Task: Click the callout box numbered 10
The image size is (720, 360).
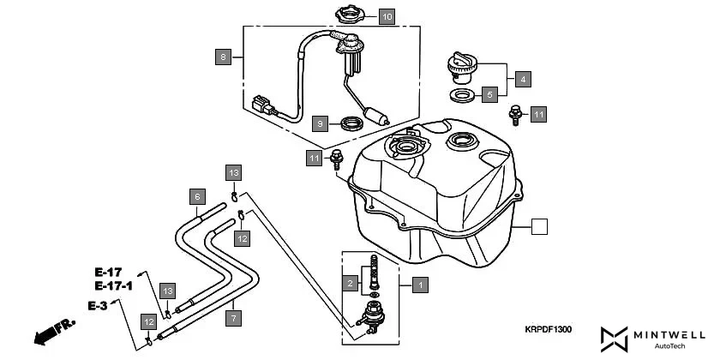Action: [x=387, y=16]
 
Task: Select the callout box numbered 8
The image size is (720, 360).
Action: [x=223, y=57]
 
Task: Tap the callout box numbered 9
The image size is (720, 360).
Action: [x=319, y=123]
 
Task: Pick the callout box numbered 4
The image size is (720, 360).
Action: [x=522, y=79]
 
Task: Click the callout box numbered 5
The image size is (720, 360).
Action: [x=489, y=94]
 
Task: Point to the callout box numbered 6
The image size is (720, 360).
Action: [x=196, y=196]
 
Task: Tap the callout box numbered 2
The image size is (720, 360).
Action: [x=350, y=282]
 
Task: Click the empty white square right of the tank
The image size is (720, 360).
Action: [x=538, y=227]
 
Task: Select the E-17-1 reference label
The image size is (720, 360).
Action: [x=113, y=285]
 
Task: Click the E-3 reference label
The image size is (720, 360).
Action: [x=99, y=305]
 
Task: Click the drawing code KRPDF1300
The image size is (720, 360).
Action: [x=548, y=328]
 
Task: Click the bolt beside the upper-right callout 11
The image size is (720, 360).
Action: [x=516, y=112]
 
